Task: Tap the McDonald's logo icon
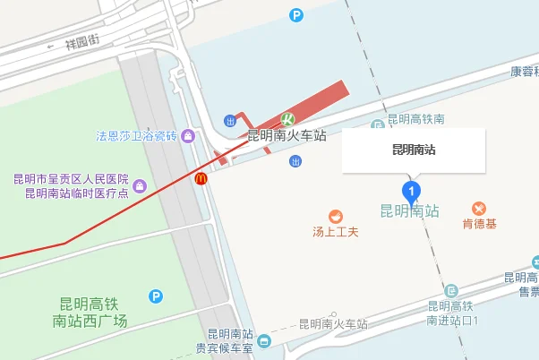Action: tap(201, 179)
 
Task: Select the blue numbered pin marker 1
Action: tap(411, 191)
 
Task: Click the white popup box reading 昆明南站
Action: tap(414, 150)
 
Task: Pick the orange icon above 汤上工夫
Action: tap(335, 216)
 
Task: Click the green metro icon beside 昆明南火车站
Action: tap(288, 119)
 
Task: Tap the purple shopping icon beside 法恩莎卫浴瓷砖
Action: tap(187, 136)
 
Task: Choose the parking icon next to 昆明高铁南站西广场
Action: tap(157, 296)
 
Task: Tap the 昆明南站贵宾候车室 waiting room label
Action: tap(225, 341)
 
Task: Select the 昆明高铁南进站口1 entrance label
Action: tap(455, 313)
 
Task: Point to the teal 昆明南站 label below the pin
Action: tap(410, 211)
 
